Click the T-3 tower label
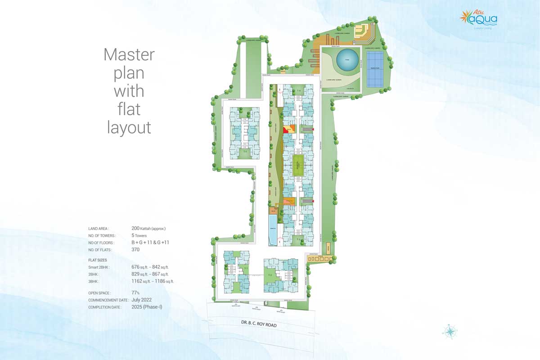click(304, 239)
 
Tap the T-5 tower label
click(245, 152)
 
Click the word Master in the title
click(129, 55)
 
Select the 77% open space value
click(135, 292)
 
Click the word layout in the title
click(129, 127)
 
